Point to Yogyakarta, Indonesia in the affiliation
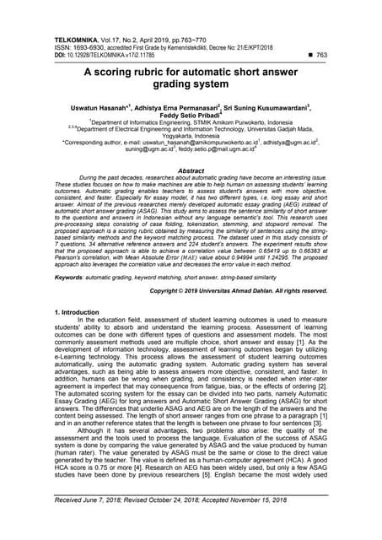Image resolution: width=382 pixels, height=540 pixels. [191, 142]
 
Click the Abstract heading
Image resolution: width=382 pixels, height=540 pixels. [191, 170]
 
